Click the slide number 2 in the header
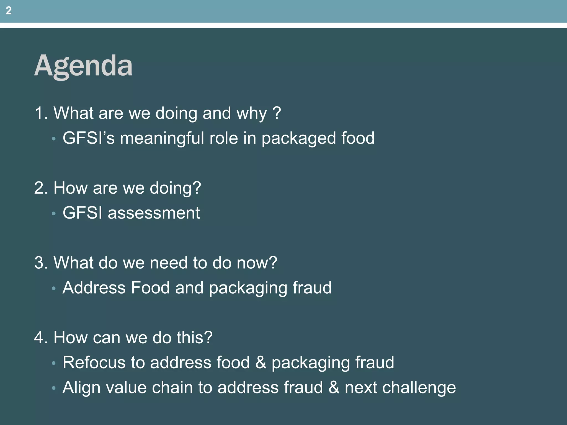[x=9, y=11]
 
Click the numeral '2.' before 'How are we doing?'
[x=41, y=188]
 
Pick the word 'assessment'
[x=154, y=213]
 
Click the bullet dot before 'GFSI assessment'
[x=54, y=214]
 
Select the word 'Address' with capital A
[x=94, y=287]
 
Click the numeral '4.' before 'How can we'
[x=41, y=338]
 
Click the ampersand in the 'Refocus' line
[x=261, y=362]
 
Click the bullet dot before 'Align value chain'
[x=54, y=388]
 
